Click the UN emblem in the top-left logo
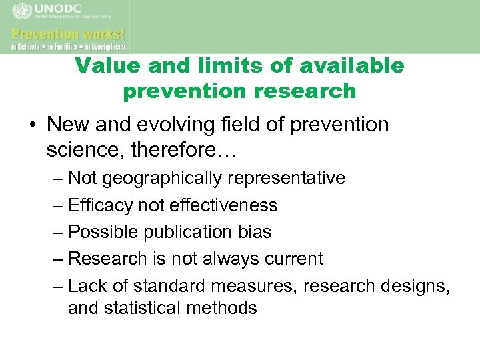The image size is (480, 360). (x=23, y=11)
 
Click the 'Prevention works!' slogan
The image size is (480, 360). (x=68, y=33)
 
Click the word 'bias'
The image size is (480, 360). (x=253, y=232)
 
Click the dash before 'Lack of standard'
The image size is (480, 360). (x=57, y=286)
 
